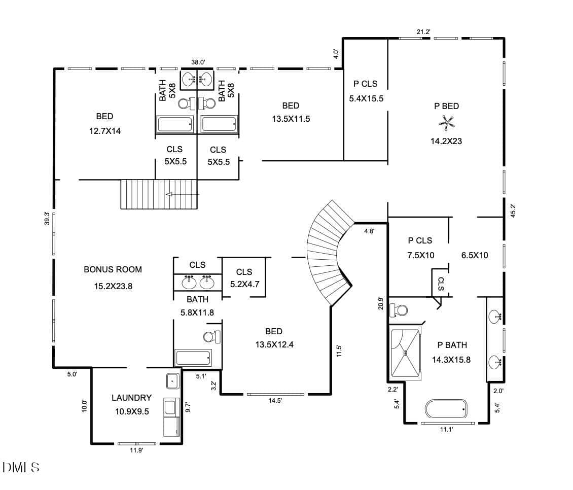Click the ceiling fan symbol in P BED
[x=446, y=123]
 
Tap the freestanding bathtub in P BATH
[x=446, y=408]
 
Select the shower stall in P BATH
[x=406, y=353]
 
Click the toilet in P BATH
[x=399, y=310]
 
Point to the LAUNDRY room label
[x=131, y=398]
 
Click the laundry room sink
[x=173, y=381]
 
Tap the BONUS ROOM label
[x=113, y=269]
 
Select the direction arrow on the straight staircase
[x=183, y=194]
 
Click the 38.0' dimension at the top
[x=198, y=62]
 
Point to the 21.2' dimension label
[x=423, y=32]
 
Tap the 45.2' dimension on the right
[x=513, y=211]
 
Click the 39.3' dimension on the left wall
[x=47, y=218]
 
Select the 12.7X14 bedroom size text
[x=105, y=131]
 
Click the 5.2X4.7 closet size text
[x=244, y=284]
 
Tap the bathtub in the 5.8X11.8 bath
[x=193, y=358]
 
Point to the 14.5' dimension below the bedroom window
[x=275, y=400]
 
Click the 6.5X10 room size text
[x=475, y=255]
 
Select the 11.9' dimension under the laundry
[x=136, y=450]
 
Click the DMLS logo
[x=21, y=467]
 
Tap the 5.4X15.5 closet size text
[x=366, y=98]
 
